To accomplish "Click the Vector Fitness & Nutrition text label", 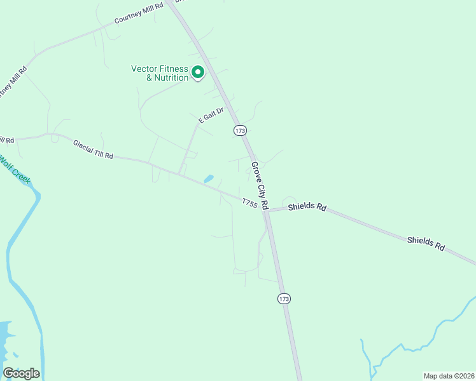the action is point(160,73).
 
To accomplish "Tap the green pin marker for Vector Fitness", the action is point(198,73).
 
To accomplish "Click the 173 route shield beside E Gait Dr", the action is point(239,130).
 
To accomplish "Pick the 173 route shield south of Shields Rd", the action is point(284,298).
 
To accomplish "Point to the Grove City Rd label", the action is point(260,185).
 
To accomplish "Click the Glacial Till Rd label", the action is point(93,150).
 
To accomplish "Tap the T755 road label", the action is point(249,203).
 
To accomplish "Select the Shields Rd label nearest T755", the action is point(307,208).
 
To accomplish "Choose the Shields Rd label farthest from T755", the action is point(426,243).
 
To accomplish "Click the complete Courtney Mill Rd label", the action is point(139,13).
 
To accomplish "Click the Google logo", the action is point(21,373).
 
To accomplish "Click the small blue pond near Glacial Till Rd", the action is point(208,179).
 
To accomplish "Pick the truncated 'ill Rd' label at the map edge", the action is point(6,140).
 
